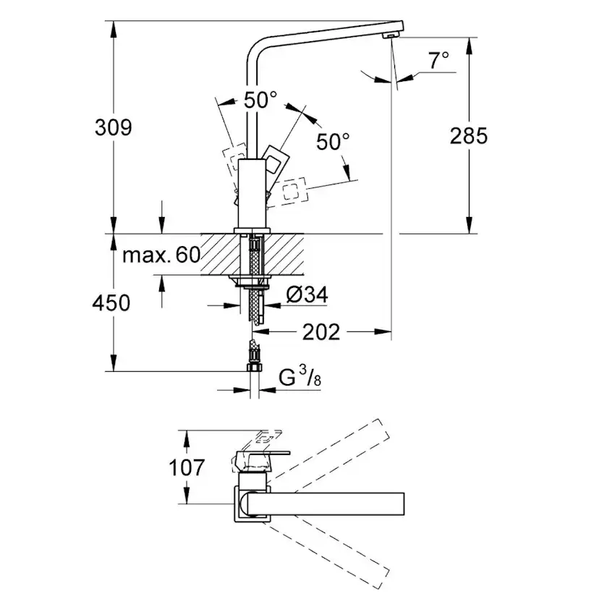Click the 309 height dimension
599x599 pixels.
[114, 127]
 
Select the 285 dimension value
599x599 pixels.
[469, 135]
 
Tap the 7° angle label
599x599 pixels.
[437, 61]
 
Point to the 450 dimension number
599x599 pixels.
[113, 302]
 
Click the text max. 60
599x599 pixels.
[161, 255]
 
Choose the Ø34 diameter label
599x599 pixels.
[307, 295]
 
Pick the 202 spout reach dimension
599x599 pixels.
[320, 332]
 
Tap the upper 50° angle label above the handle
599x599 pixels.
[260, 101]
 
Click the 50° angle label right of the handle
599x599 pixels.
[333, 141]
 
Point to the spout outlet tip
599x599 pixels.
[391, 35]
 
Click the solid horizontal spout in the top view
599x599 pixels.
[326, 501]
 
